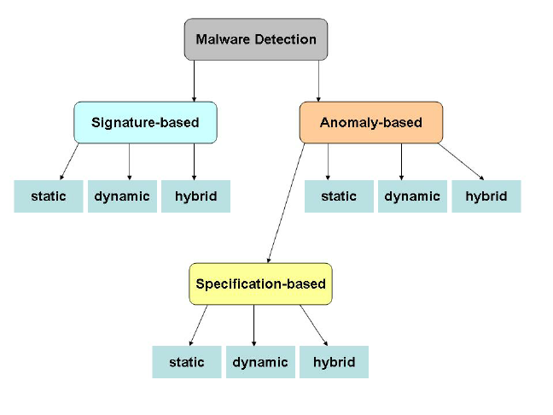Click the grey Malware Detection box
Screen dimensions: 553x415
tap(256, 39)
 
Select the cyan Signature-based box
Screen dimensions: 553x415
tap(145, 122)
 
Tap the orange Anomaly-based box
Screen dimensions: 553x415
tap(371, 122)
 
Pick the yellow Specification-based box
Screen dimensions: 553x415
tap(260, 283)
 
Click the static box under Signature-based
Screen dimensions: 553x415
tap(49, 196)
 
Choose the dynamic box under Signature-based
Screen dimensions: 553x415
tap(122, 196)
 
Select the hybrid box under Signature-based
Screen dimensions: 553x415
tap(195, 196)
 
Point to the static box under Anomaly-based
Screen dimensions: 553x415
tap(339, 196)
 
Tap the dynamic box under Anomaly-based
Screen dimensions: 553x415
tap(413, 196)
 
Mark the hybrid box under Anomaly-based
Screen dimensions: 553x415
tap(486, 196)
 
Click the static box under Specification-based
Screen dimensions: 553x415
tap(187, 362)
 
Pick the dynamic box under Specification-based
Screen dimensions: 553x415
tap(260, 362)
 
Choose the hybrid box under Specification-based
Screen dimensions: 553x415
tap(334, 362)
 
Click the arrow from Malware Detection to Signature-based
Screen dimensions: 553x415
tap(194, 81)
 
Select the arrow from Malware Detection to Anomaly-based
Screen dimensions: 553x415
tap(319, 81)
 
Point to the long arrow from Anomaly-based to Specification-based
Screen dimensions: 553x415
tap(286, 203)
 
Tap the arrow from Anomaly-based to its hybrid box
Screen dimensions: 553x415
tap(461, 161)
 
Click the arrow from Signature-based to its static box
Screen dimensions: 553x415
tap(69, 161)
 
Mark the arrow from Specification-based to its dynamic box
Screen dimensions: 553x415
tap(254, 325)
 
